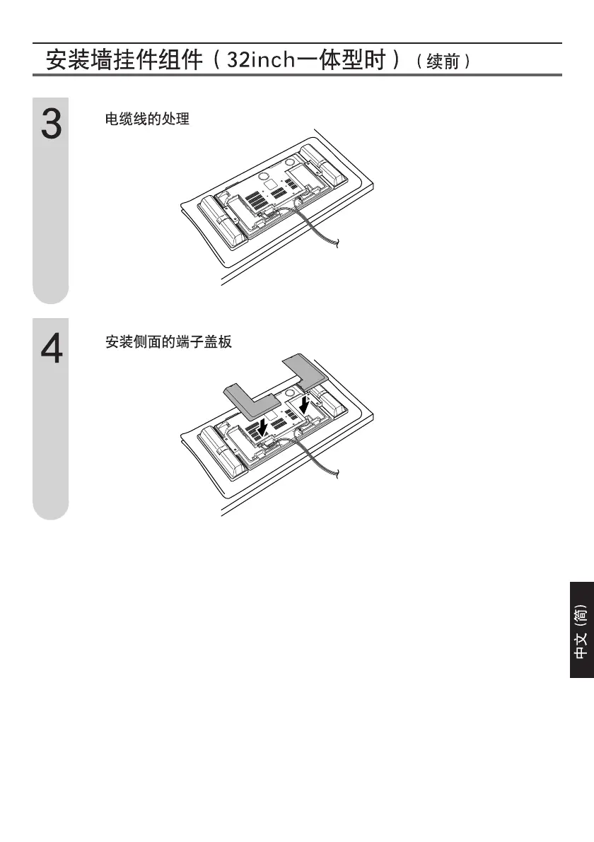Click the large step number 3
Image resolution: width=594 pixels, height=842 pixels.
(x=51, y=125)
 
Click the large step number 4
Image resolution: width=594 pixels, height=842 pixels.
(x=51, y=349)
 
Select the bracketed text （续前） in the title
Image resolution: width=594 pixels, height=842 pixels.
(x=443, y=62)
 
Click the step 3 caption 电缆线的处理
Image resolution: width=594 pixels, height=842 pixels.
(x=147, y=119)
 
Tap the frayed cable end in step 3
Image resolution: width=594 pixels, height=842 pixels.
(x=337, y=244)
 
